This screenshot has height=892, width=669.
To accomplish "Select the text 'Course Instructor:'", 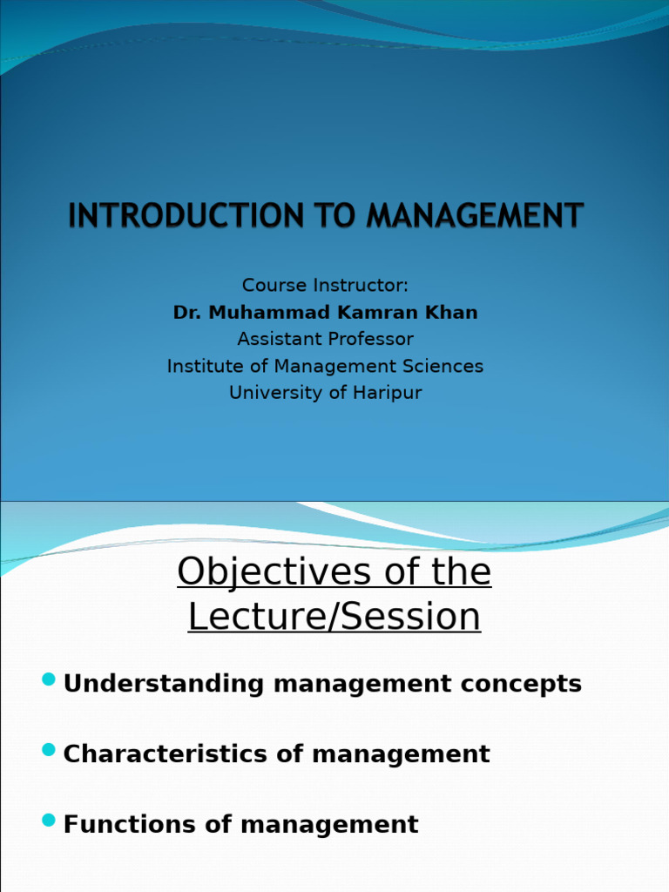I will coord(325,286).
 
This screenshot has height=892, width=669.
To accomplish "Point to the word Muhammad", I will coord(263,312).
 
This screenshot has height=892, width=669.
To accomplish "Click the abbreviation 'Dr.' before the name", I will coord(186,312).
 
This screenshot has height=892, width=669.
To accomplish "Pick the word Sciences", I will coord(439,366).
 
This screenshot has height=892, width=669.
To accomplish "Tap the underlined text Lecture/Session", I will coord(334,617).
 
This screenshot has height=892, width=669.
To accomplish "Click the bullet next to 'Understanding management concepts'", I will coord(48,679).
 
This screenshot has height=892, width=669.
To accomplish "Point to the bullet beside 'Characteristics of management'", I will coord(48,749).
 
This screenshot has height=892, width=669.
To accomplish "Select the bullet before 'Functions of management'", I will coord(48,820).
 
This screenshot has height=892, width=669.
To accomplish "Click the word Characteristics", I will coord(166,754).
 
